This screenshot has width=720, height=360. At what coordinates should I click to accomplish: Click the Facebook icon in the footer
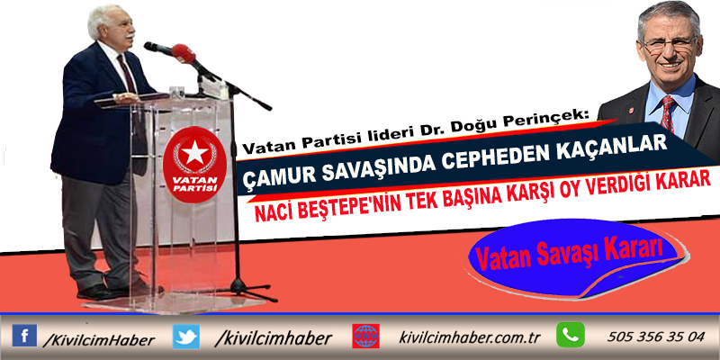[x=24, y=335]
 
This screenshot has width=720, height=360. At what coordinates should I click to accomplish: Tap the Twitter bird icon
[x=186, y=336]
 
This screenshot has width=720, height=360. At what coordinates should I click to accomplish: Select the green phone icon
[x=571, y=335]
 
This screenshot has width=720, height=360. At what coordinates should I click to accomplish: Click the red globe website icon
[x=365, y=336]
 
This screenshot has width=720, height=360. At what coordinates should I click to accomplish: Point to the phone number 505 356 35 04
[x=655, y=337]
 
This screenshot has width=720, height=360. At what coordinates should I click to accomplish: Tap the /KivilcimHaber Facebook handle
[x=98, y=340]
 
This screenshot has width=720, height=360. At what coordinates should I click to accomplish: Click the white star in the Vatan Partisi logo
[x=194, y=151]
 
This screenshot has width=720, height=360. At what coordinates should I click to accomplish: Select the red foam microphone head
[x=184, y=53]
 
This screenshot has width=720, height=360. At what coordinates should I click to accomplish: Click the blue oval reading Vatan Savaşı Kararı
[x=573, y=258]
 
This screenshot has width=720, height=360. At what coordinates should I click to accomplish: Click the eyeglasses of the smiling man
[x=670, y=44]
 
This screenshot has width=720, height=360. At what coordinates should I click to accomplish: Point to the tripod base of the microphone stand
[x=239, y=289]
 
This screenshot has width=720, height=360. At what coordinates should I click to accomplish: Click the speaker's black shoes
[x=119, y=289]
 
